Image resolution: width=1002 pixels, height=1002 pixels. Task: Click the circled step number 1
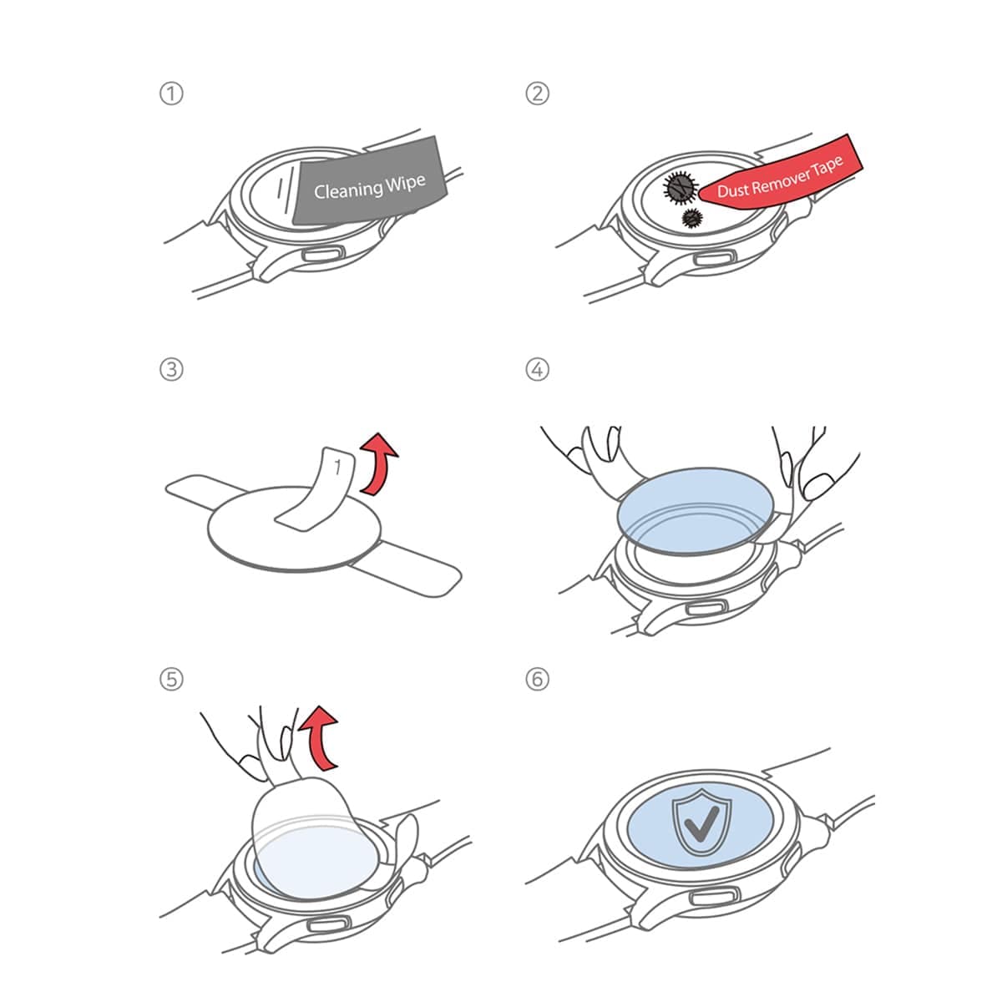(171, 94)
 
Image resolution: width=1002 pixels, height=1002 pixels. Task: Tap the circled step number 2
(537, 94)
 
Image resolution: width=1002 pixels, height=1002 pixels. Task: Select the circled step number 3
(171, 370)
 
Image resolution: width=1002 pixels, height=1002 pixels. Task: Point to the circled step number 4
(537, 370)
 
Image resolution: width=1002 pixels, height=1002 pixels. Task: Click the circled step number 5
(171, 679)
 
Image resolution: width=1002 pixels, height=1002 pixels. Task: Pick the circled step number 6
(537, 679)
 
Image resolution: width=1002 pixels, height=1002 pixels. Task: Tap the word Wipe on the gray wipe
(406, 183)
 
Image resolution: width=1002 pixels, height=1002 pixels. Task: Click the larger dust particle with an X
(680, 187)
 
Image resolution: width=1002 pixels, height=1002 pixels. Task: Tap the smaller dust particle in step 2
(692, 219)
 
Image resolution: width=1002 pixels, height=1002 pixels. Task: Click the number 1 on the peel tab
(337, 467)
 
